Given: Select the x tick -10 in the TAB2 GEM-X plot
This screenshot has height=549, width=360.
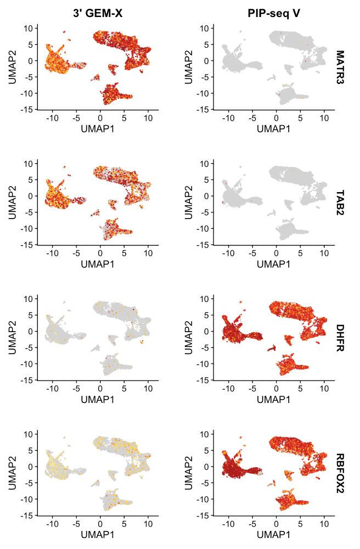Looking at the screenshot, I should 53,253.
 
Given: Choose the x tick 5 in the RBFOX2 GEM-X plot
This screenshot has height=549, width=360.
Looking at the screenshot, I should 124,524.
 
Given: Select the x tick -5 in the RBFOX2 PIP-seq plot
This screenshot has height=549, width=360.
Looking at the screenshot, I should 252,524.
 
